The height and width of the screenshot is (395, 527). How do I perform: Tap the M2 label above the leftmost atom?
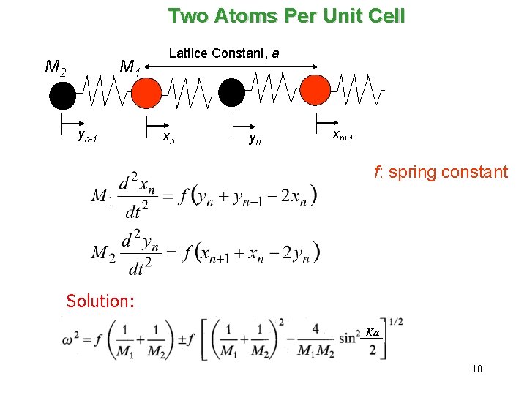click(56, 67)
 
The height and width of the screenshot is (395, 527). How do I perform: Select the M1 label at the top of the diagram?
click(130, 68)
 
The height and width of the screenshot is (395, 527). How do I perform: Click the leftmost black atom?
click(62, 94)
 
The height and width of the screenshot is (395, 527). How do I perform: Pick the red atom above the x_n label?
click(146, 92)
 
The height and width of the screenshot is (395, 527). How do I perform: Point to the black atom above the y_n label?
click(232, 93)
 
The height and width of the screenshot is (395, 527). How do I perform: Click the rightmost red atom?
click(316, 89)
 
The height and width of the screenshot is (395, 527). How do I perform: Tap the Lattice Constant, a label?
click(224, 53)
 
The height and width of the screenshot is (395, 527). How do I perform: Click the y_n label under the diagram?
click(254, 137)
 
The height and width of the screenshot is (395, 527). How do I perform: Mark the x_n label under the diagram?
click(168, 137)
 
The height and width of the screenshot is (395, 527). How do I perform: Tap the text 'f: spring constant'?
click(440, 173)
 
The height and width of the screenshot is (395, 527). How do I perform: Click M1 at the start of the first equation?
click(102, 196)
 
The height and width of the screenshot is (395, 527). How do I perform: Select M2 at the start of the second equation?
click(103, 253)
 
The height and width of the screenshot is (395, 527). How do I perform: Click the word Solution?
click(100, 301)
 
